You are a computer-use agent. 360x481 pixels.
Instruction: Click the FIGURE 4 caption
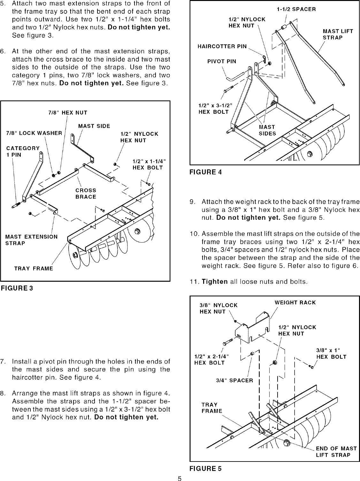(205, 172)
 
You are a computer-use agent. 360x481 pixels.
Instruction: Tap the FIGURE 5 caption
(205, 469)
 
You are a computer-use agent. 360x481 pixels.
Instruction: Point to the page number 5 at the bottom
(180, 478)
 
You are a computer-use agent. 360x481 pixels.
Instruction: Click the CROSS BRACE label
(86, 194)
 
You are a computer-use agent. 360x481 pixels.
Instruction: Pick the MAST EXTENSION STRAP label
(31, 240)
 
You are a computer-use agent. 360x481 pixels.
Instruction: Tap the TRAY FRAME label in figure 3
(34, 269)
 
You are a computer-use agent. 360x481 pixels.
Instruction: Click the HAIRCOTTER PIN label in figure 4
(222, 47)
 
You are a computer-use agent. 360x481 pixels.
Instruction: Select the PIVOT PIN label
(222, 62)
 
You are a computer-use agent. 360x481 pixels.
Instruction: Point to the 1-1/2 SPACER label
(296, 9)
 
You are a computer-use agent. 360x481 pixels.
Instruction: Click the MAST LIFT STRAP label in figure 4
(338, 34)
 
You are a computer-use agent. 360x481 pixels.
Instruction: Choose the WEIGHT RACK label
(295, 302)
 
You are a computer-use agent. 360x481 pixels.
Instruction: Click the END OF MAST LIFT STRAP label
(336, 452)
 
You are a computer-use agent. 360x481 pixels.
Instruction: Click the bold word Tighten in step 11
(215, 282)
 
